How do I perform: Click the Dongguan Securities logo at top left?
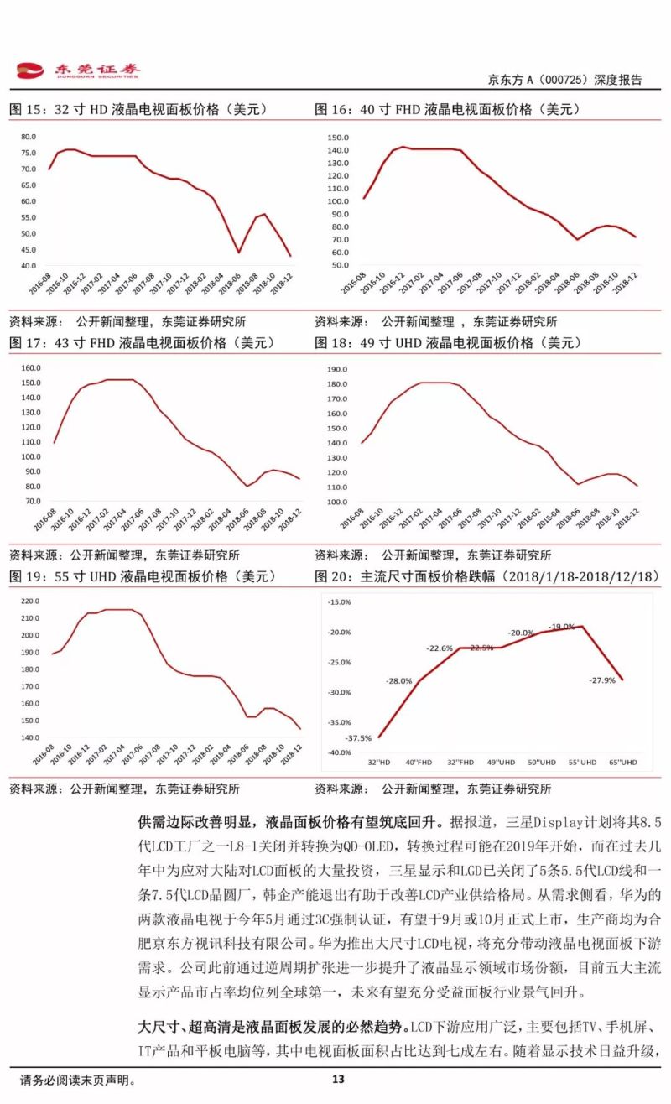click(x=79, y=70)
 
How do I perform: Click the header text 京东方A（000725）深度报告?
click(x=564, y=80)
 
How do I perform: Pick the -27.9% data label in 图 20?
click(x=601, y=680)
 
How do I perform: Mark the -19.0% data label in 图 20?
click(x=561, y=627)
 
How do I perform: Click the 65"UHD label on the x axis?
click(x=622, y=762)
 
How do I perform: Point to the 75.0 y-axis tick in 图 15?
click(x=28, y=153)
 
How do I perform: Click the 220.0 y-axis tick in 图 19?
click(x=29, y=601)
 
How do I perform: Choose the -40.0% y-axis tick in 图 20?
click(x=340, y=752)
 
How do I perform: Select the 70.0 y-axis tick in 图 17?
click(x=29, y=501)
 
